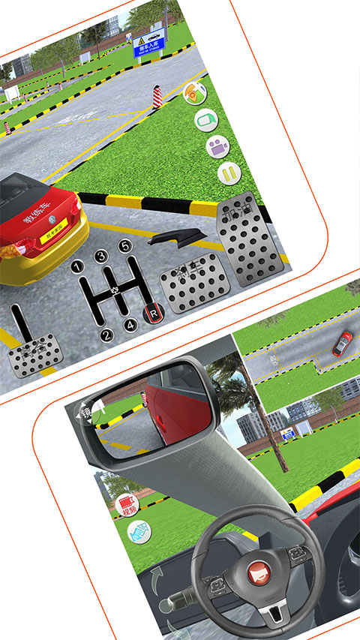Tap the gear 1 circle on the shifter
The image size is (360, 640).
(77, 266)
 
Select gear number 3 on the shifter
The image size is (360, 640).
(101, 256)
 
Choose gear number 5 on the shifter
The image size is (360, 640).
(125, 245)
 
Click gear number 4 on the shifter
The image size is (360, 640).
(130, 326)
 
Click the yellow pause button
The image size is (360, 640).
(229, 174)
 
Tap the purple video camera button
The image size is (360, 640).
(217, 146)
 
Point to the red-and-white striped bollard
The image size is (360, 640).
(157, 97)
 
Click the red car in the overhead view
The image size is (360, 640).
(342, 343)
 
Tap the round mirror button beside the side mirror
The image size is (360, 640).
(88, 412)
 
